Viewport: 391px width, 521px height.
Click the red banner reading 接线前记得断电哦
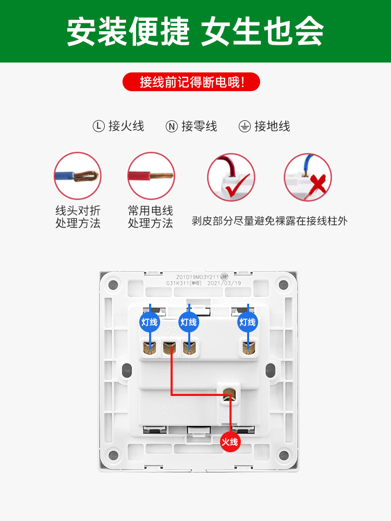pos(191,82)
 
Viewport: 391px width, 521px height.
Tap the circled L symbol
pos(99,126)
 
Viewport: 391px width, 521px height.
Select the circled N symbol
pos(172,126)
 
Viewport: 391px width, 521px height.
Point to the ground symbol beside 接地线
pos(245,126)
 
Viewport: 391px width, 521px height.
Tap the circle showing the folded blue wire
pos(78,176)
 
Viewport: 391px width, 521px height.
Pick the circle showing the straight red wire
pos(151,176)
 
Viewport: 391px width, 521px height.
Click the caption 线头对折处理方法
pos(78,217)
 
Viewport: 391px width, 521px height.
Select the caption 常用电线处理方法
pos(151,217)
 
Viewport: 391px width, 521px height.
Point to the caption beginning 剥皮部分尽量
pos(270,221)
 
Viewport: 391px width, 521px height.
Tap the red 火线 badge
pos(230,442)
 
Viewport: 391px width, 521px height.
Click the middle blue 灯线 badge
pos(188,322)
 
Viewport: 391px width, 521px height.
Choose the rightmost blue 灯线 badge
pos(248,322)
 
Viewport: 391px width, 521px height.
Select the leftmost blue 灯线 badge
pos(150,322)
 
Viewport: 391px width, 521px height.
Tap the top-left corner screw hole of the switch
pos(112,285)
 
